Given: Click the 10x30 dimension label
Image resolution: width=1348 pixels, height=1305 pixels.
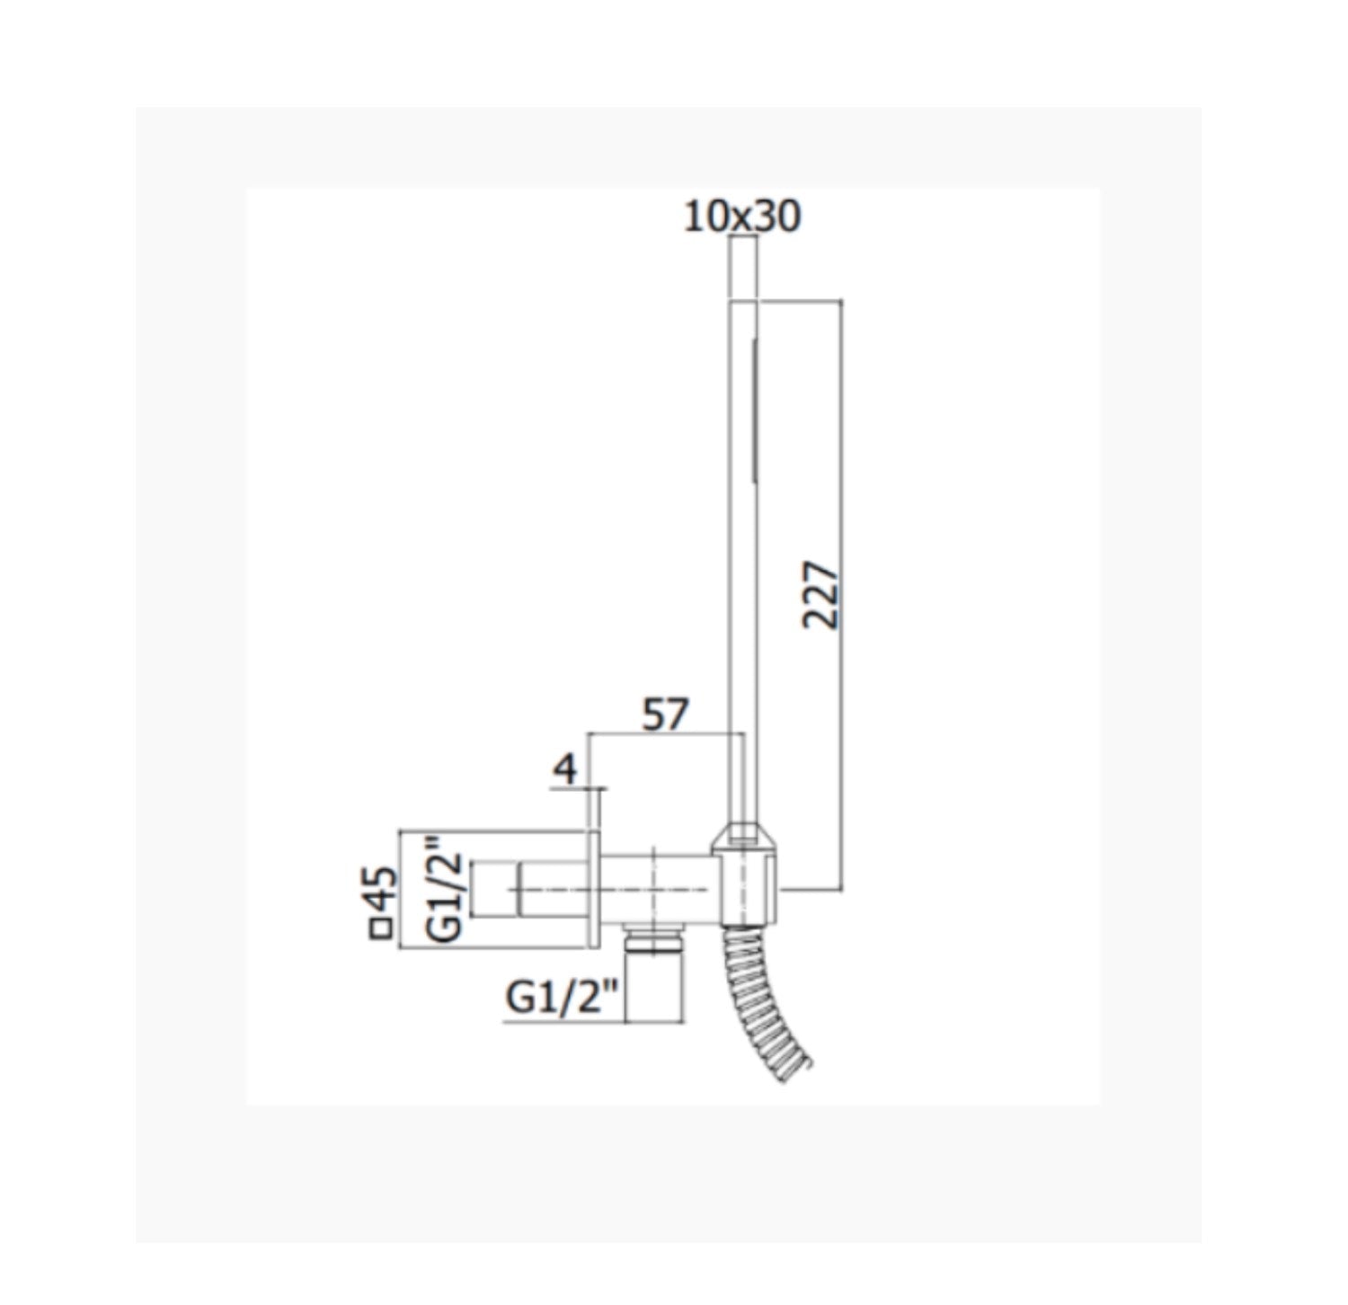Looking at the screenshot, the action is pyautogui.click(x=741, y=217).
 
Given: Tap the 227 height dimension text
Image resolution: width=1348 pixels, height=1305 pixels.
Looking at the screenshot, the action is pyautogui.click(x=820, y=595).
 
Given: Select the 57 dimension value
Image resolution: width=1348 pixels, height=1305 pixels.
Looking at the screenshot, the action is pyautogui.click(x=665, y=715).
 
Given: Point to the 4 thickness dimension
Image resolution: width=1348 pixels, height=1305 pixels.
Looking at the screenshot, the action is pyautogui.click(x=564, y=769).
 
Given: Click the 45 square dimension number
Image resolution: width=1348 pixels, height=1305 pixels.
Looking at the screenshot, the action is pyautogui.click(x=382, y=890).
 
